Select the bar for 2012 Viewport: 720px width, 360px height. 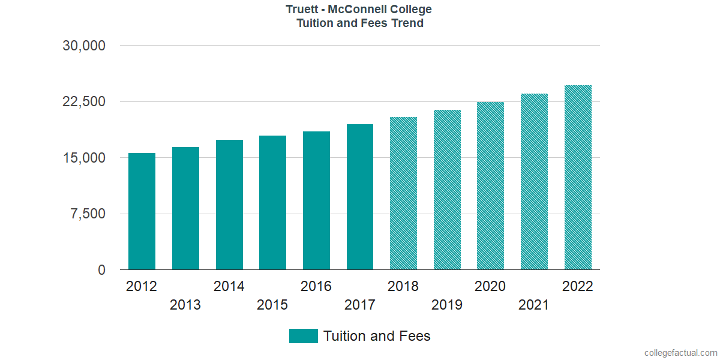pyautogui.click(x=142, y=211)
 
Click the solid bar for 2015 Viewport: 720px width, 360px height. pyautogui.click(x=272, y=203)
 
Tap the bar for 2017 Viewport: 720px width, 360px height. pyautogui.click(x=360, y=197)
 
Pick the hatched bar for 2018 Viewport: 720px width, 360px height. pyautogui.click(x=403, y=193)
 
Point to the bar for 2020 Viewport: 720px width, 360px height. pyautogui.click(x=490, y=186)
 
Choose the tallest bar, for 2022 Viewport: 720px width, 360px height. pyautogui.click(x=578, y=178)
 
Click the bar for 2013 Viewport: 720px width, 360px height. pyautogui.click(x=185, y=208)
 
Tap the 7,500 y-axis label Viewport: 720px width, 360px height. pyautogui.click(x=89, y=214)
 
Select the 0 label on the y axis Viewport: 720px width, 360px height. pyautogui.click(x=102, y=270)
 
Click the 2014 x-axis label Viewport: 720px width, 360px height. pyautogui.click(x=229, y=286)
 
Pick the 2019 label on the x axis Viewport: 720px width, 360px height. pyautogui.click(x=447, y=305)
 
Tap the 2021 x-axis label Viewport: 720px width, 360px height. pyautogui.click(x=534, y=305)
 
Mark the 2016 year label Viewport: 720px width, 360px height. pyautogui.click(x=316, y=286)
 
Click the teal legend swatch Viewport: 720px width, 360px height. pyautogui.click(x=303, y=336)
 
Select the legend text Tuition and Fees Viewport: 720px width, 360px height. pyautogui.click(x=377, y=336)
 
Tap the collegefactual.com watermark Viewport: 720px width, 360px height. pyautogui.click(x=680, y=353)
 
